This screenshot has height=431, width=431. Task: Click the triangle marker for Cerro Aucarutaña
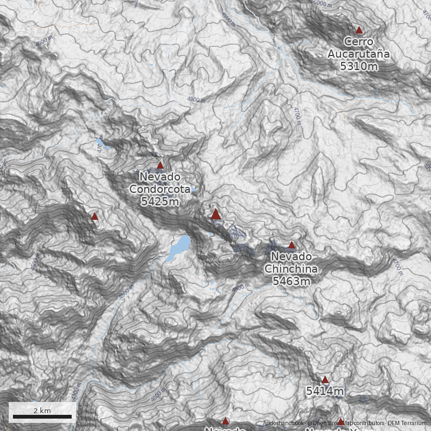(x=359, y=30)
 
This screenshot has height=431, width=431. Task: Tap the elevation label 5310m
(x=359, y=66)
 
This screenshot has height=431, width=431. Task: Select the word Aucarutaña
(x=359, y=54)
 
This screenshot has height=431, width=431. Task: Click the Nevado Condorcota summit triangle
(x=160, y=165)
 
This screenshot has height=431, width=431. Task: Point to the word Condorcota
(x=160, y=189)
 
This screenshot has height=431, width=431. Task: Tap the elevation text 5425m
(x=160, y=201)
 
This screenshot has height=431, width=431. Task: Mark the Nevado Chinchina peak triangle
(x=292, y=245)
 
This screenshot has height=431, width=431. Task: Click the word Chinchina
(x=291, y=269)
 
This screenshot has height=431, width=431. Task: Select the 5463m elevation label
(x=291, y=281)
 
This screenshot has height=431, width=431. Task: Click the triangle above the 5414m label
(x=325, y=380)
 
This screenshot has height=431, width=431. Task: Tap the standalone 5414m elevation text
(x=325, y=392)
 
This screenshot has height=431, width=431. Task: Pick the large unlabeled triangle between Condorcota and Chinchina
(x=216, y=214)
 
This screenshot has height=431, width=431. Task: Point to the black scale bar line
(x=42, y=417)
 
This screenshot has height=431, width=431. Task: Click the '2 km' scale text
(x=42, y=411)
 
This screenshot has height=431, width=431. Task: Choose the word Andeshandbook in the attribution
(x=283, y=423)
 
